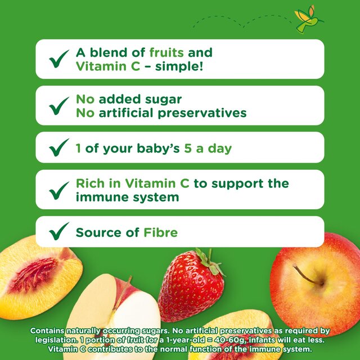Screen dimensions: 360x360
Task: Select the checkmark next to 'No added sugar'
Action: (x=59, y=106)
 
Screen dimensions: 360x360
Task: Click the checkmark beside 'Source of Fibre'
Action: (x=59, y=232)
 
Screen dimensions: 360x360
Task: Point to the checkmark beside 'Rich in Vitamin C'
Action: (x=59, y=191)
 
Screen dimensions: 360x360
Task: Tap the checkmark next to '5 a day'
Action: (x=59, y=149)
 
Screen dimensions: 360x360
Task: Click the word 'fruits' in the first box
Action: (x=167, y=53)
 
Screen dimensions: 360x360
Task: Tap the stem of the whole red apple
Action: (x=308, y=275)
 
